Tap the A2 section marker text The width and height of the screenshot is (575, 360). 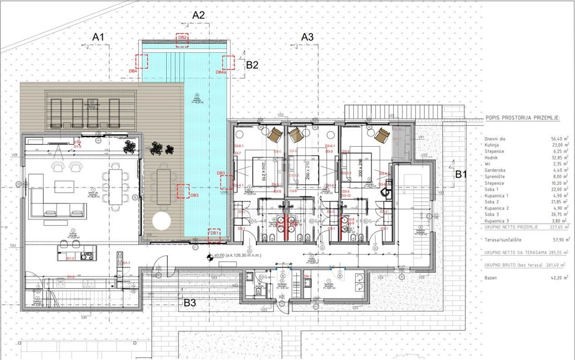(198, 15)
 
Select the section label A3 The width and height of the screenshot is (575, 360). (307, 36)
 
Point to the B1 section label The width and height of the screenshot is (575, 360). (461, 174)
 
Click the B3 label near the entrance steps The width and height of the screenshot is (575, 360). (190, 302)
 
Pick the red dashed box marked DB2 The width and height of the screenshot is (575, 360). (182, 40)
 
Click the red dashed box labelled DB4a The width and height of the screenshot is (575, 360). (228, 62)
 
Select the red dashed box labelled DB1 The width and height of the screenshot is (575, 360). (214, 235)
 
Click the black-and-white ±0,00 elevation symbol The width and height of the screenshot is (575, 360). (209, 257)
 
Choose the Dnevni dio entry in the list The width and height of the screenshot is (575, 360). (495, 139)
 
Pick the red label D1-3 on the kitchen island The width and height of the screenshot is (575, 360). (70, 259)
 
